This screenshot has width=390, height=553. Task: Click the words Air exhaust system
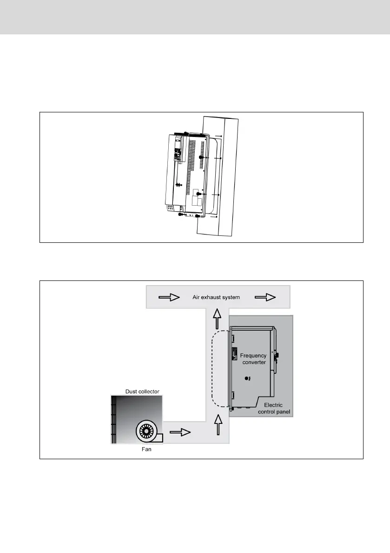click(x=217, y=297)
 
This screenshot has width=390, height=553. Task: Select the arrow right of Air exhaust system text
click(x=264, y=297)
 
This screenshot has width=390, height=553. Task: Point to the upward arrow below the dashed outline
click(x=216, y=424)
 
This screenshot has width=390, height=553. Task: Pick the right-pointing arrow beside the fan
click(x=181, y=432)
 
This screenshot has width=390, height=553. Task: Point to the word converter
click(x=254, y=362)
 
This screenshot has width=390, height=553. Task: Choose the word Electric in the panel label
click(x=273, y=405)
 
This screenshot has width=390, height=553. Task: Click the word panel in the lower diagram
click(x=286, y=412)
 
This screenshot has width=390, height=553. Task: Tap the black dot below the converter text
click(x=247, y=379)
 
